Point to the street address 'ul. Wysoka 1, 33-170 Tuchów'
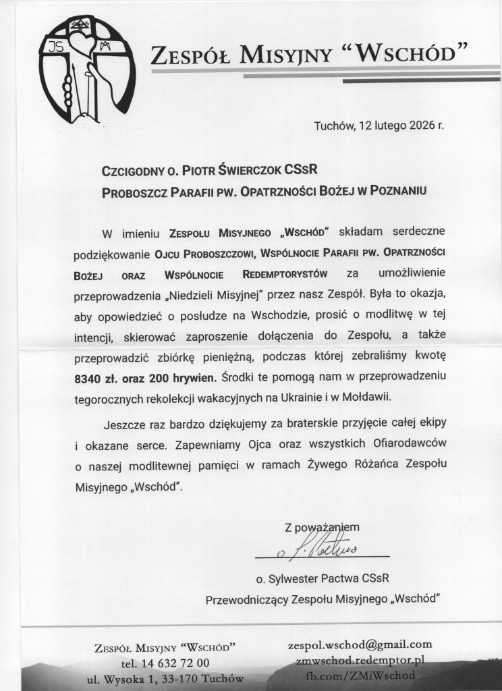[166, 678]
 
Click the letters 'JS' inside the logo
[53, 47]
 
